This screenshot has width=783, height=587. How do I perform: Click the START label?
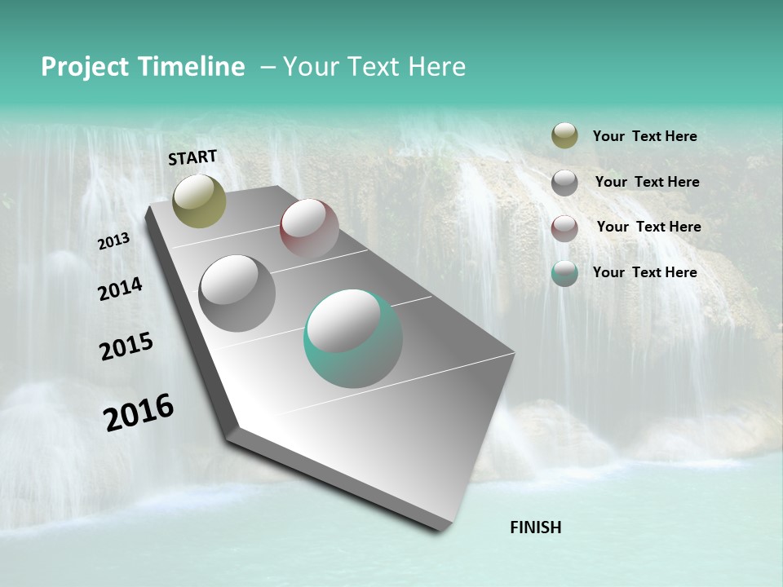pyautogui.click(x=192, y=157)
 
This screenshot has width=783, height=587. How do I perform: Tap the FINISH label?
pyautogui.click(x=535, y=527)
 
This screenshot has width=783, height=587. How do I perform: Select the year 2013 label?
pyautogui.click(x=114, y=241)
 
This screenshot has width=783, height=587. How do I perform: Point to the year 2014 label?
pyautogui.click(x=120, y=289)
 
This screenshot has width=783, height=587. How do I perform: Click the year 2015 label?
pyautogui.click(x=126, y=346)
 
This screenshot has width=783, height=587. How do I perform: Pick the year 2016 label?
pyautogui.click(x=139, y=413)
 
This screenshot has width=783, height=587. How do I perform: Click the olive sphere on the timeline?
pyautogui.click(x=199, y=201)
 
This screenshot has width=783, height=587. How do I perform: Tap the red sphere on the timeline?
pyautogui.click(x=309, y=228)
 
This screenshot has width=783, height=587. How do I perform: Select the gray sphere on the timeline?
pyautogui.click(x=237, y=293)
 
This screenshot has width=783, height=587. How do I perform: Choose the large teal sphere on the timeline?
pyautogui.click(x=353, y=338)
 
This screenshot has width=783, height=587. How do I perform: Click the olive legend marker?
pyautogui.click(x=564, y=136)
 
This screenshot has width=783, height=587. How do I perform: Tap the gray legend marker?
pyautogui.click(x=564, y=183)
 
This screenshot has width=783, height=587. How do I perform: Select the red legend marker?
pyautogui.click(x=564, y=227)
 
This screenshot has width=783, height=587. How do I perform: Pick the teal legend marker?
pyautogui.click(x=564, y=273)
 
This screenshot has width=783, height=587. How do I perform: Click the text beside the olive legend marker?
pyautogui.click(x=644, y=137)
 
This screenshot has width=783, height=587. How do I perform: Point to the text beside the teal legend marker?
pyautogui.click(x=644, y=272)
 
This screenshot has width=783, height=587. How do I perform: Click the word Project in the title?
pyautogui.click(x=85, y=67)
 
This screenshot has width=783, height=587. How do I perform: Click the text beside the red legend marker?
pyautogui.click(x=648, y=227)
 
